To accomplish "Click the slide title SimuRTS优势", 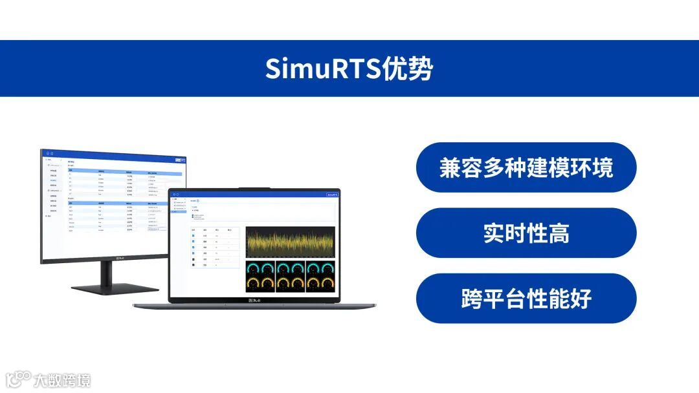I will (x=349, y=69).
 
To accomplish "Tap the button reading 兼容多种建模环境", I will (x=526, y=167).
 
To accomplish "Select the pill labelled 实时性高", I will (x=526, y=233).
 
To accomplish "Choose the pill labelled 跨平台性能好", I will (x=526, y=299).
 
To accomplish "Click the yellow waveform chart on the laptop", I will (x=291, y=242).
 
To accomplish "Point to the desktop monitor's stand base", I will (x=115, y=288).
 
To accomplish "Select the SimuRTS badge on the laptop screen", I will (x=333, y=194).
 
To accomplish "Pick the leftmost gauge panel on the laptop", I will (x=260, y=276).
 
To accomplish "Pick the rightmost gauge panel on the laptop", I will (x=320, y=276).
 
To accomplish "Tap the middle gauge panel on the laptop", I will (x=291, y=276).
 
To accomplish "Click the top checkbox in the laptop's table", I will (x=193, y=235).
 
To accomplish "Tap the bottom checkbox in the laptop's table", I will (x=193, y=265).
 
